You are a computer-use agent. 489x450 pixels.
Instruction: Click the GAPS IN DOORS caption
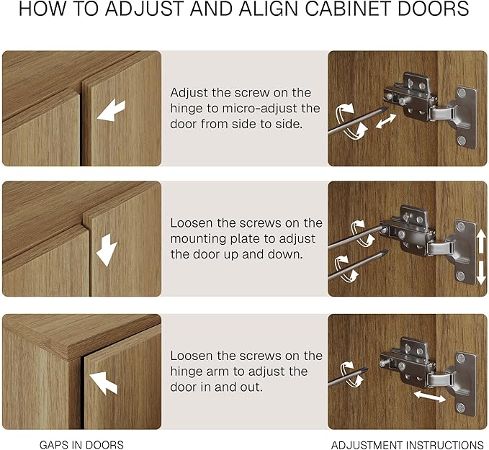[x=81, y=445]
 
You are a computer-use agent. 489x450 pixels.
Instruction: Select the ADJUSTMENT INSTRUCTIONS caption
[x=408, y=445]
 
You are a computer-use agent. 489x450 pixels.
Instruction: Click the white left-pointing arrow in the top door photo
[x=111, y=110]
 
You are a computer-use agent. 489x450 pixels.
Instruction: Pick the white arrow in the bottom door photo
[x=103, y=382]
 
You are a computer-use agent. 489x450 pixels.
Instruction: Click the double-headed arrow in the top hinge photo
[x=386, y=121]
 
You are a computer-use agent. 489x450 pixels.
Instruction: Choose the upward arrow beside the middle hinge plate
[x=481, y=243]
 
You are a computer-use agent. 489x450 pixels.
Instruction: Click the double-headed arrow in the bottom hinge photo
[x=430, y=397]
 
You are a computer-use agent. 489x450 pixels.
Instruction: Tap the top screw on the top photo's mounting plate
[x=462, y=92]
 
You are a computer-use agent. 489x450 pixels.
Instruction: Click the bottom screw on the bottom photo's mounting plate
[x=461, y=407]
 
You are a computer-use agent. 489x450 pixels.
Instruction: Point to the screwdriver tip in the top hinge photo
[x=386, y=109]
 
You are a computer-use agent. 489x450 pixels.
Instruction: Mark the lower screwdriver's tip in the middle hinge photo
[x=385, y=251]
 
